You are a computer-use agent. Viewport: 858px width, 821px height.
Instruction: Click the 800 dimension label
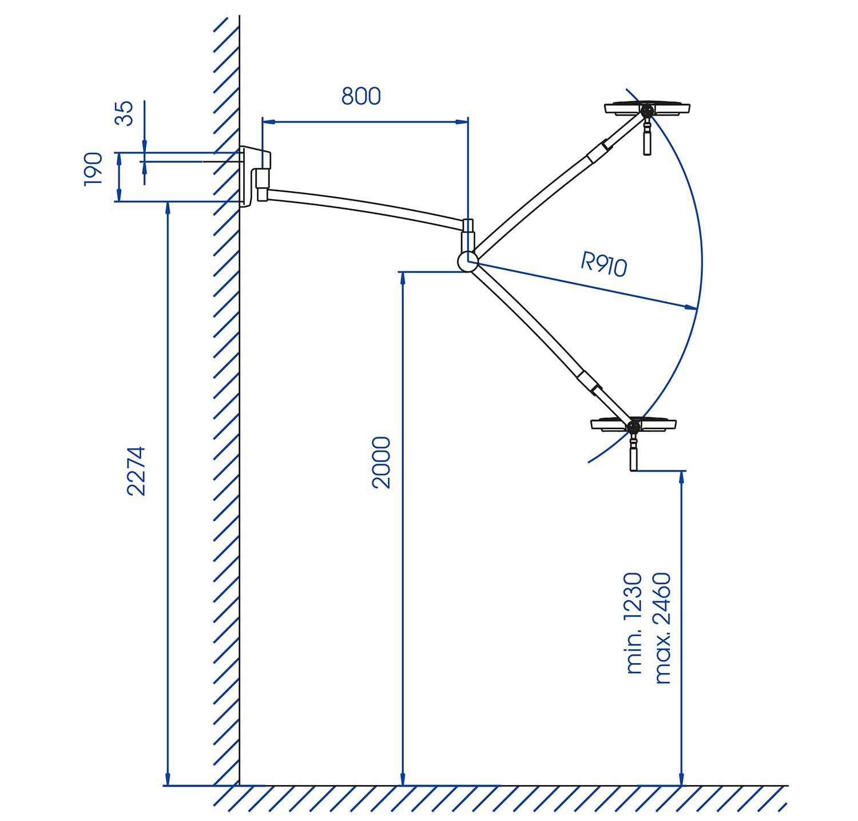tap(361, 96)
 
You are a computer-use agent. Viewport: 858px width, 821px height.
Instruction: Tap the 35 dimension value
tap(124, 113)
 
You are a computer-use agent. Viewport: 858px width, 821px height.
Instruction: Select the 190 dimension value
tap(93, 169)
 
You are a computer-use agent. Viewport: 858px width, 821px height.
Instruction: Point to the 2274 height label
tap(137, 471)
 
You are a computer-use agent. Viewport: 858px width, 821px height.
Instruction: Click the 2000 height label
tap(380, 462)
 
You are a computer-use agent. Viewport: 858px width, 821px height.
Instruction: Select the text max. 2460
tap(662, 628)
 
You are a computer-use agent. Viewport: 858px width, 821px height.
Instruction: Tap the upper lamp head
tap(648, 108)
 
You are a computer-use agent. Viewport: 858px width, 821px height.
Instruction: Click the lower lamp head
tap(634, 425)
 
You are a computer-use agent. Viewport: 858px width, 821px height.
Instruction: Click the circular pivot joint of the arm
tap(468, 261)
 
